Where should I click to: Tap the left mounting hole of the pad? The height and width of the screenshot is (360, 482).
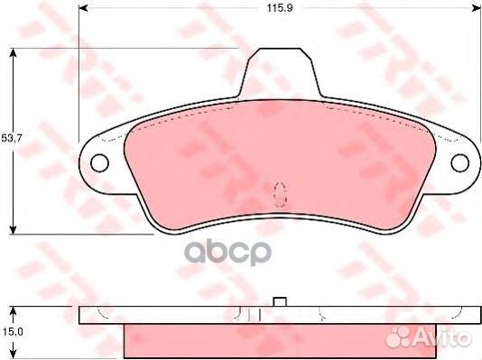point(100,162)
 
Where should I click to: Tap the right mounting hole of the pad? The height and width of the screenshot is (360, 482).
point(460,162)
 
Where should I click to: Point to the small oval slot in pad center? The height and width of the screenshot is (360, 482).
point(279,191)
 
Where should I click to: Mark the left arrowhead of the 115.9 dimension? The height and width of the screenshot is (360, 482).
point(83,8)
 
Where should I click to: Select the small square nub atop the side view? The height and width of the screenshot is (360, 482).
point(280,300)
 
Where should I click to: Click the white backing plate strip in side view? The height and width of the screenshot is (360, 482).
point(181,315)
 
